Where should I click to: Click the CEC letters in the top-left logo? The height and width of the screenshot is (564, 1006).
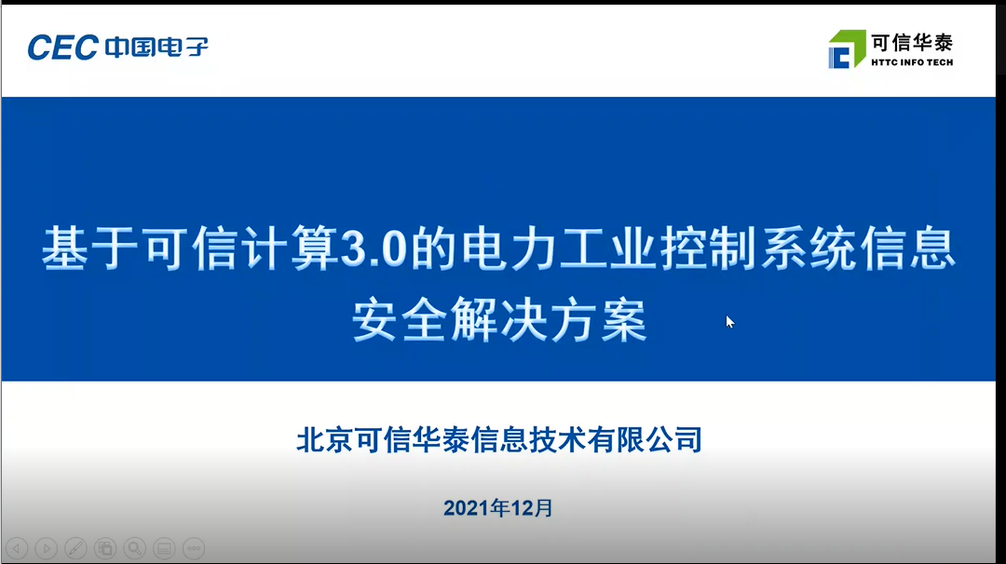coord(63,47)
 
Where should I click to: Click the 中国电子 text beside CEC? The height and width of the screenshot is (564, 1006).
coord(156,47)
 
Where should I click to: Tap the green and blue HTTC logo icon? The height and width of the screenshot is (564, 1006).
coord(847,48)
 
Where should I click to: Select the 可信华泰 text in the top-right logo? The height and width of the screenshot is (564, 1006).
coord(912,43)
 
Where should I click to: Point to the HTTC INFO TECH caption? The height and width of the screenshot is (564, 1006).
coord(912,62)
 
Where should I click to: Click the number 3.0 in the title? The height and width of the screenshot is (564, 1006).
coord(374,248)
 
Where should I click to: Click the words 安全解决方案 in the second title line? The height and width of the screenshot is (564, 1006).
coord(499,319)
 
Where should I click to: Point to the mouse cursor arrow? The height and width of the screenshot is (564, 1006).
coord(729,322)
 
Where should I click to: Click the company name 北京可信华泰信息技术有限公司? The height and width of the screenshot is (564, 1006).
coord(499,439)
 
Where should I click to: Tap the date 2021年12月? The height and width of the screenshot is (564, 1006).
coord(497,508)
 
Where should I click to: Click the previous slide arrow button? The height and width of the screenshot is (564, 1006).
coord(17,548)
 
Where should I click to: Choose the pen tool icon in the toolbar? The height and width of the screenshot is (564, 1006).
coord(75,548)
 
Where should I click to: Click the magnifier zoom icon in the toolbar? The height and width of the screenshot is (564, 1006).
coord(135,548)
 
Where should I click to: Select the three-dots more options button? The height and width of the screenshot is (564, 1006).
coord(194,548)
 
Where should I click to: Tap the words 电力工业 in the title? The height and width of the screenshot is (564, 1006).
coord(559,248)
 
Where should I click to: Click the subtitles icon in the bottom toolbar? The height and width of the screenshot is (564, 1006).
coord(164,548)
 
